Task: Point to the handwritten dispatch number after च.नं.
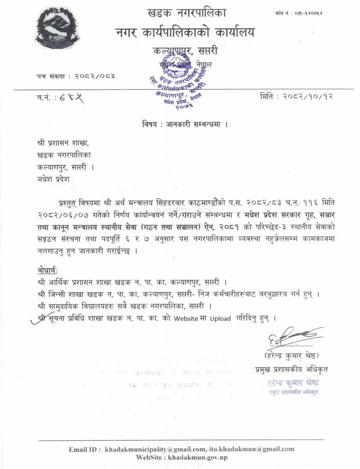[x=71, y=97]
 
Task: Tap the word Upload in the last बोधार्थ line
[x=220, y=319]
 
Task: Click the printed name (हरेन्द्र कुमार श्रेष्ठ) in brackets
[x=291, y=355]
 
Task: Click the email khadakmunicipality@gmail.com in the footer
[x=163, y=449]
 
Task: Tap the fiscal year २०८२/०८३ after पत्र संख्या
[x=90, y=76]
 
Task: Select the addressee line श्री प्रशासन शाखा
[x=60, y=142]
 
